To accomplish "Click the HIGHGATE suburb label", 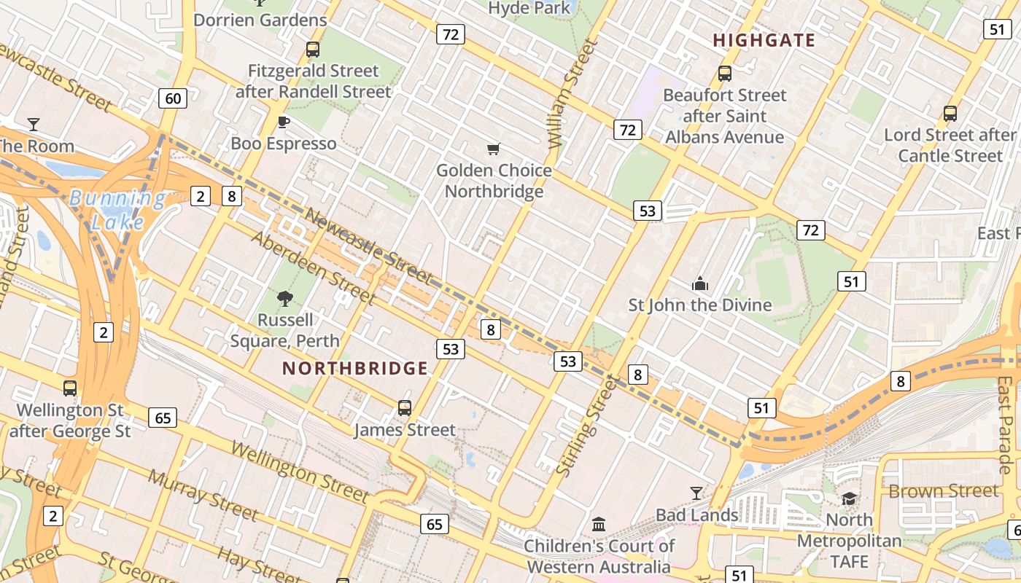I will (764, 40).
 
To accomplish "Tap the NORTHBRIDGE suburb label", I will (354, 368).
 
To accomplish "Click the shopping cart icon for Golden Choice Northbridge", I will (493, 149).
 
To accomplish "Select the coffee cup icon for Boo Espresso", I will (284, 122).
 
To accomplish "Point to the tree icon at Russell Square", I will (285, 297).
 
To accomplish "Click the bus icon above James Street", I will (405, 408).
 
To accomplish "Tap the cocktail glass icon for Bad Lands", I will (696, 493).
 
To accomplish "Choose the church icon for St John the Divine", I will (700, 283).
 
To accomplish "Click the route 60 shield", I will (173, 98).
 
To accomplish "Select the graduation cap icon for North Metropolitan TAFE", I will (849, 498).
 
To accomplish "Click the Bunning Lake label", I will (117, 209).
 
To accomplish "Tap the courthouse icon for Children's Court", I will (599, 523).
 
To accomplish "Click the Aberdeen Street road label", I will (314, 267).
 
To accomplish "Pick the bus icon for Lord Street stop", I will (950, 114).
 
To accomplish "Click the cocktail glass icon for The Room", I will (34, 124).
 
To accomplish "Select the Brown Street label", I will (943, 490).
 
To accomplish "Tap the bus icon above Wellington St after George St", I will (70, 388).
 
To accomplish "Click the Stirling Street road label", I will (586, 430).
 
